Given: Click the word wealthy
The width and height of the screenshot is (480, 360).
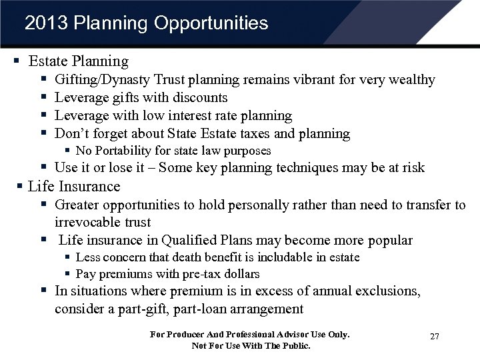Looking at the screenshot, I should click(411, 80).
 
